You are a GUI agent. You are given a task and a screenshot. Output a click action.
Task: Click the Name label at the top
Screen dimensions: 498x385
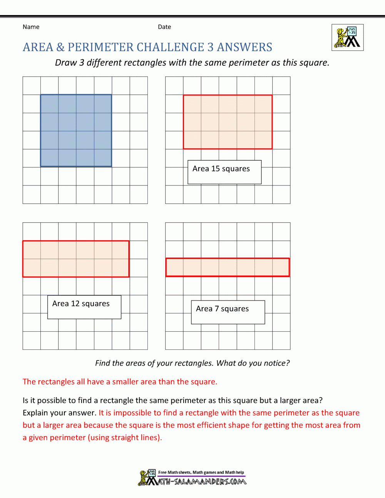click(x=31, y=27)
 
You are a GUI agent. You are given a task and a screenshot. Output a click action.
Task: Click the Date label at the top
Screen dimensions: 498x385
click(x=164, y=27)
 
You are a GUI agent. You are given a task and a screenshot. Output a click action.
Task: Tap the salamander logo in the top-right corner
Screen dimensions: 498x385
click(x=348, y=38)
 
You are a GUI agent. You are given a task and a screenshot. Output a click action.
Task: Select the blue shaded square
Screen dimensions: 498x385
click(x=76, y=130)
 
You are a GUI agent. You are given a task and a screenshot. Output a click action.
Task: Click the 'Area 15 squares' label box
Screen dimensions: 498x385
click(x=224, y=172)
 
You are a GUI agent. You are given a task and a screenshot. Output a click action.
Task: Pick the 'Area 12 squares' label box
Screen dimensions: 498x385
click(x=84, y=307)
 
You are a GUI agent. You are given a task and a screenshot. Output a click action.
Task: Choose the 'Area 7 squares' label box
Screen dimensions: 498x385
click(x=228, y=312)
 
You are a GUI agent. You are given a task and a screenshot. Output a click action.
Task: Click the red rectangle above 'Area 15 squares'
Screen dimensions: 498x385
click(x=228, y=122)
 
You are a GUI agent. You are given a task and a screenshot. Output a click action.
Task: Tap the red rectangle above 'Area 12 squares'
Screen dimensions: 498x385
click(x=76, y=259)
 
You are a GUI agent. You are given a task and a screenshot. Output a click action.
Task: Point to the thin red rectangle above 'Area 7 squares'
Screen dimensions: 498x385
click(x=228, y=267)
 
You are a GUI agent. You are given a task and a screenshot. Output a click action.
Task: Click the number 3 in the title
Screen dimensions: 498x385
click(x=211, y=47)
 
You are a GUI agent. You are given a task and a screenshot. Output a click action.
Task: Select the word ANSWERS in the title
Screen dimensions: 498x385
click(x=244, y=47)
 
